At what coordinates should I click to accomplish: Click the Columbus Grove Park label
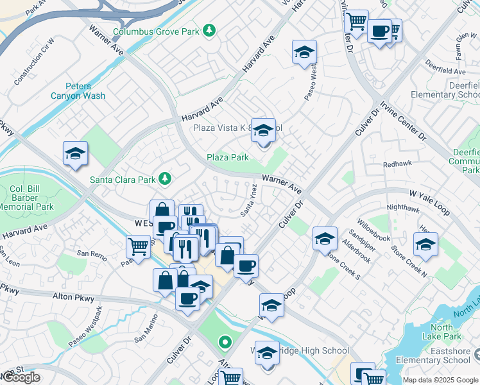(156, 30)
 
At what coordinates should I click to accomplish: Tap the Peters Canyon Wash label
(78, 91)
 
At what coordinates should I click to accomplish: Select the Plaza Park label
(227, 157)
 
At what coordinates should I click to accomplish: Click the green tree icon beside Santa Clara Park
(165, 178)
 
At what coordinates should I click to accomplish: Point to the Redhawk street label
(397, 165)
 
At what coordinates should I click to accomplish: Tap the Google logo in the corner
(21, 377)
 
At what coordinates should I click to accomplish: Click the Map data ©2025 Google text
(440, 380)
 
